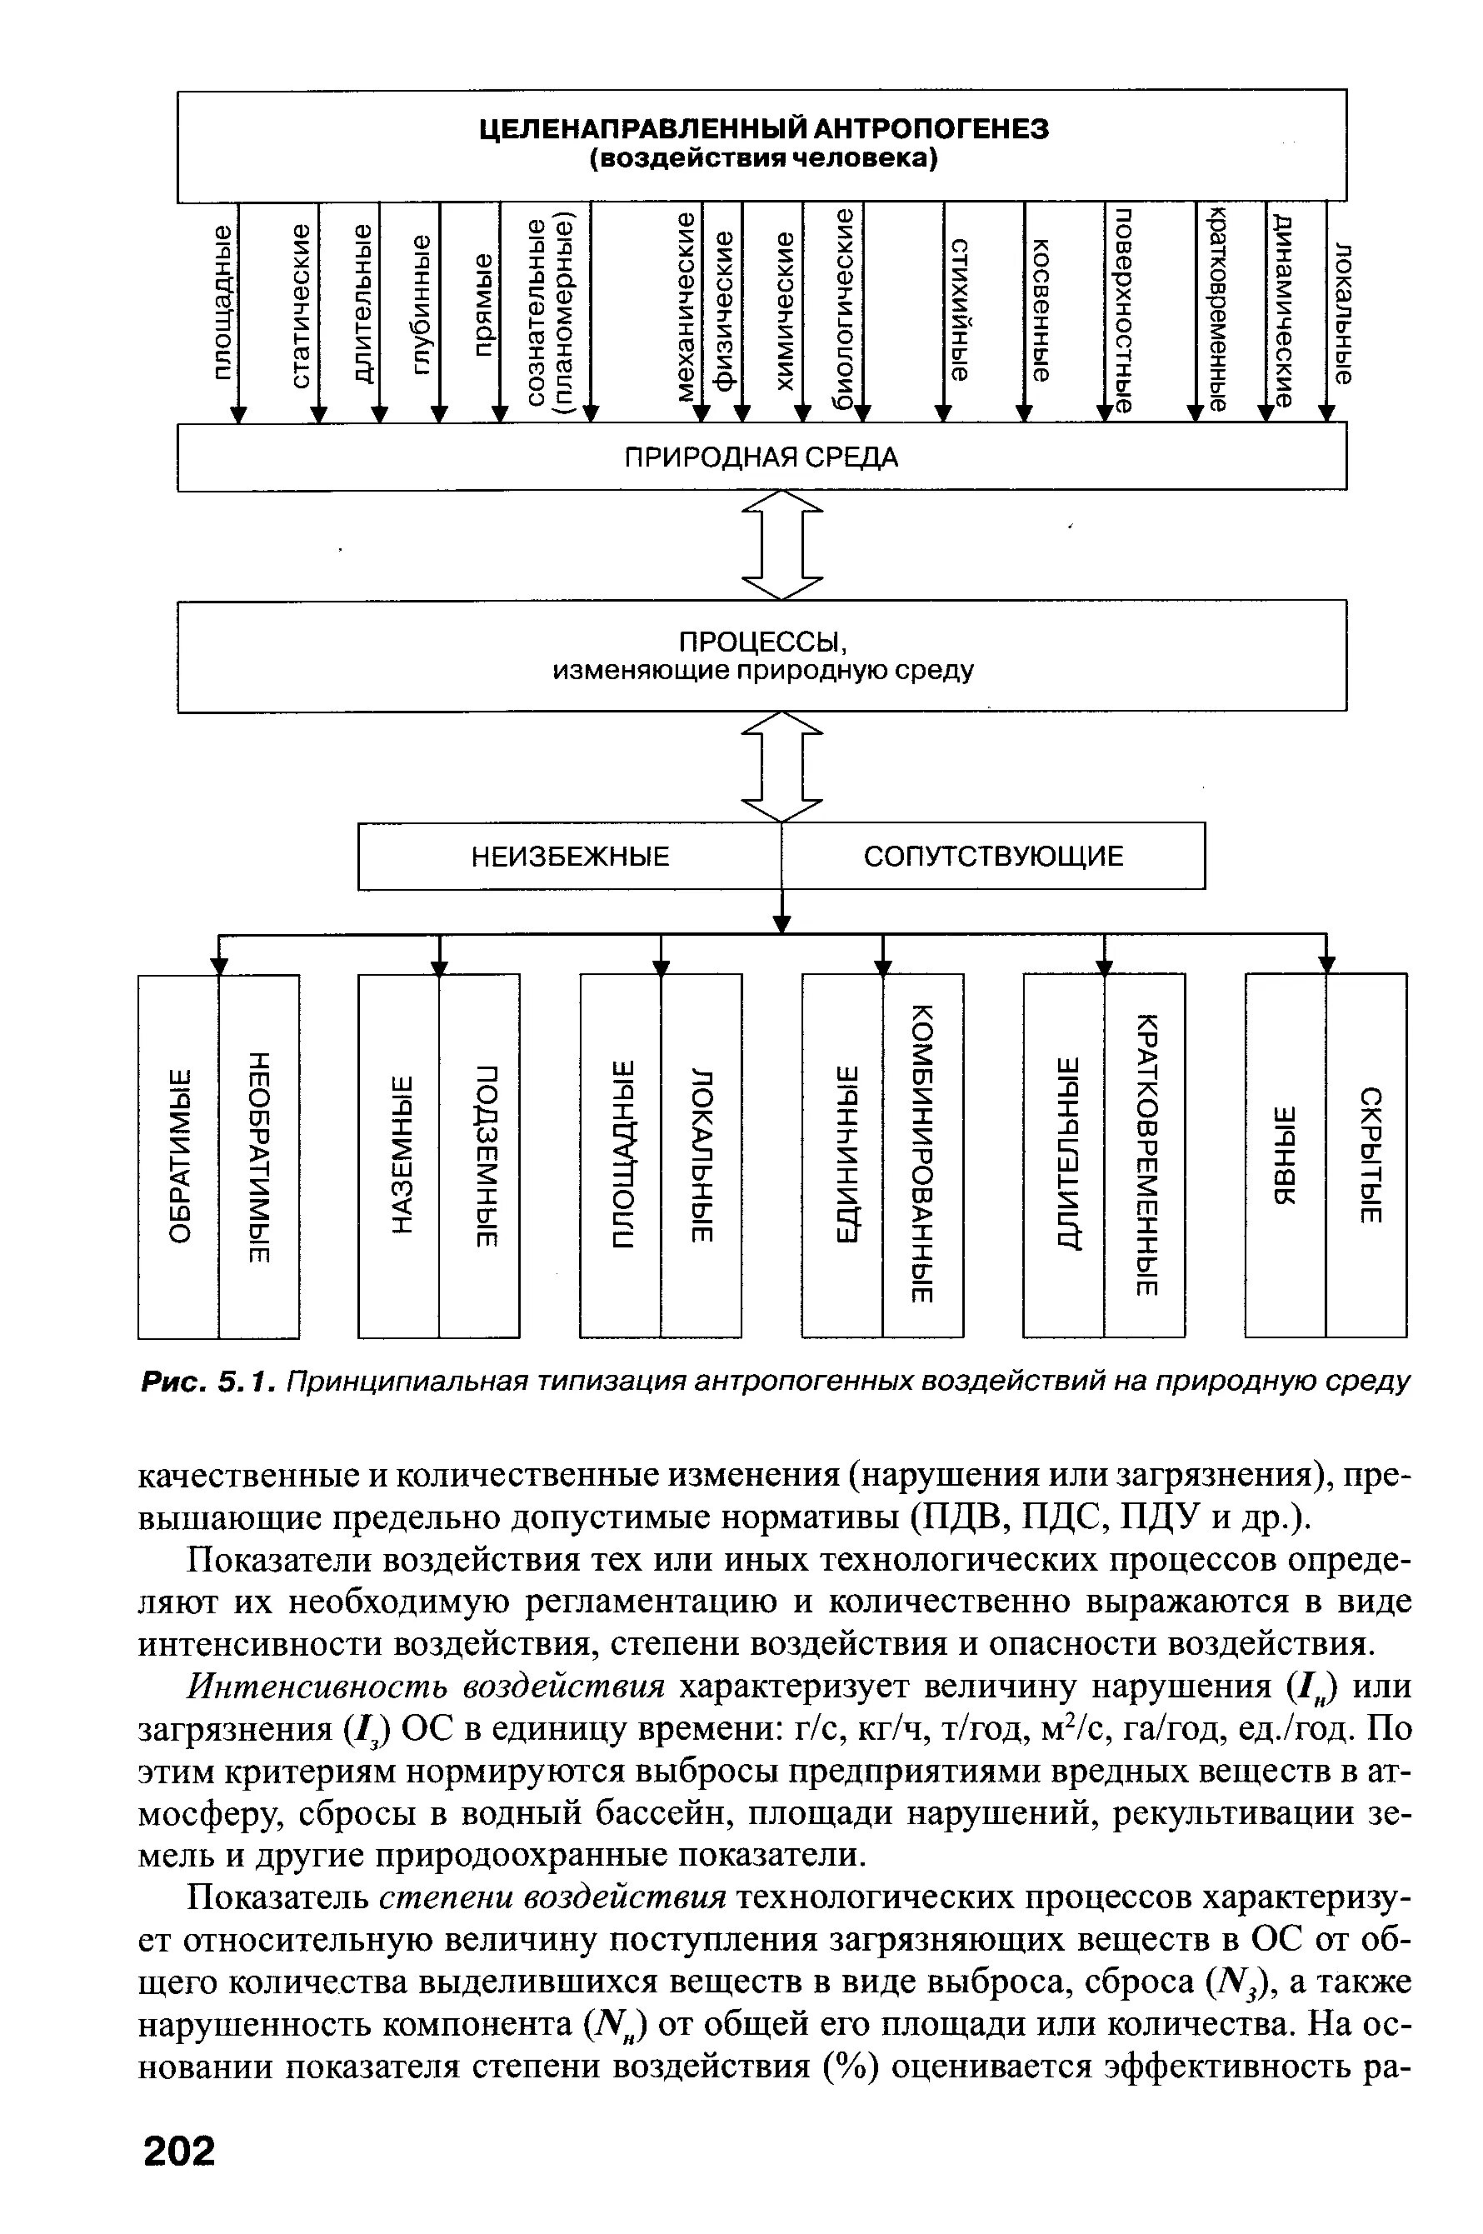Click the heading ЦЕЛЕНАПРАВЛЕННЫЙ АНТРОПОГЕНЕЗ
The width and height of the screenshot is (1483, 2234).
pyautogui.click(x=763, y=128)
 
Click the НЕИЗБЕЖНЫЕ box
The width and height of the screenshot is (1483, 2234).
pyautogui.click(x=571, y=857)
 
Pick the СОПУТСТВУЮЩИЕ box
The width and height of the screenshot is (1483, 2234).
pyautogui.click(x=994, y=857)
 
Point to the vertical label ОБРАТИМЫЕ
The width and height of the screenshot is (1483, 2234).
pyautogui.click(x=180, y=1156)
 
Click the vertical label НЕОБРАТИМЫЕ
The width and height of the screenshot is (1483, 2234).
pyautogui.click(x=260, y=1156)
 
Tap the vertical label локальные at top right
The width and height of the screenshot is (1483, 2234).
pyautogui.click(x=1343, y=312)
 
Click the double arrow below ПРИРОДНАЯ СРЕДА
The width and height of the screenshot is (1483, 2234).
pyautogui.click(x=782, y=545)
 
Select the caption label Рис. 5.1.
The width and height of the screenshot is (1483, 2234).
pyautogui.click(x=208, y=1382)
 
